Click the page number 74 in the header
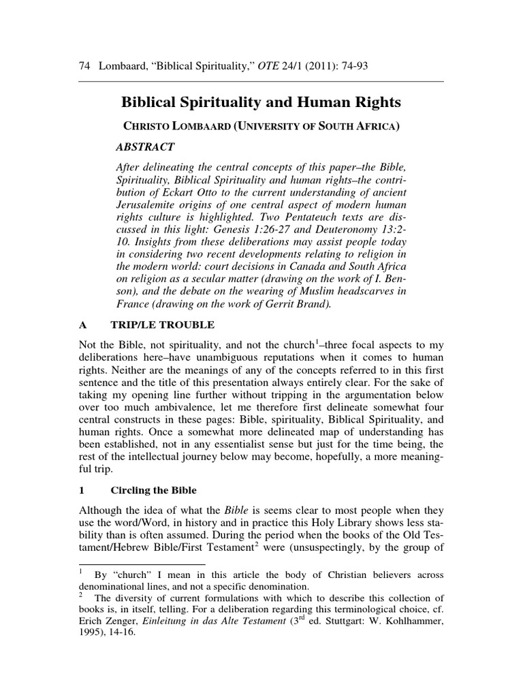pos(85,65)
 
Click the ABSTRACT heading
pos(146,147)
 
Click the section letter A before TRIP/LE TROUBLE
pos(84,325)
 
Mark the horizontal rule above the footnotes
pos(142,564)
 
